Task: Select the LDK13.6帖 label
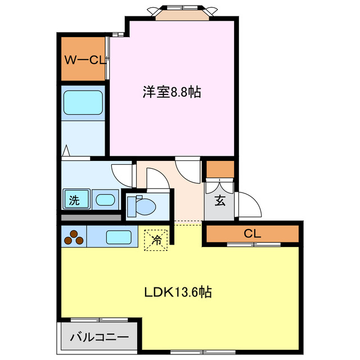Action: click(x=178, y=292)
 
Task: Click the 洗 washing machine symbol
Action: click(x=74, y=200)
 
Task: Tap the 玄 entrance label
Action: click(x=220, y=200)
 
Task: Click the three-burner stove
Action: click(x=73, y=237)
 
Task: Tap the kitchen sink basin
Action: click(x=119, y=237)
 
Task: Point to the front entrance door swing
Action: click(x=249, y=204)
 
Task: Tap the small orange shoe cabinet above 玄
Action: click(x=220, y=169)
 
